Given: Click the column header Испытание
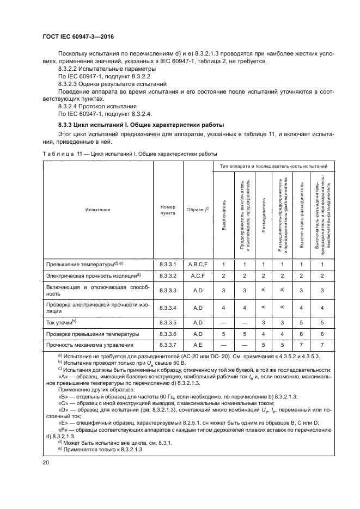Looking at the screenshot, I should pyautogui.click(x=97, y=210).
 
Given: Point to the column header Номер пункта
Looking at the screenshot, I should pyautogui.click(x=168, y=210).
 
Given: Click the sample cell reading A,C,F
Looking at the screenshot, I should pyautogui.click(x=198, y=275).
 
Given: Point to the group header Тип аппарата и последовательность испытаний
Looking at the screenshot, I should pyautogui.click(x=273, y=165).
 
